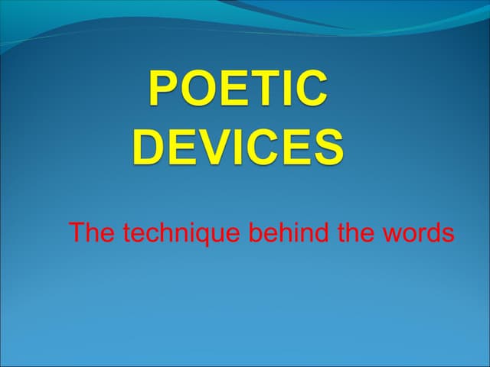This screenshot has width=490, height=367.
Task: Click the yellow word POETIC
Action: pos(238,89)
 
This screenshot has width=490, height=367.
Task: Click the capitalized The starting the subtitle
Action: pos(90,232)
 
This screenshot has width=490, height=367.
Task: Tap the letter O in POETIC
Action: pos(197,89)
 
